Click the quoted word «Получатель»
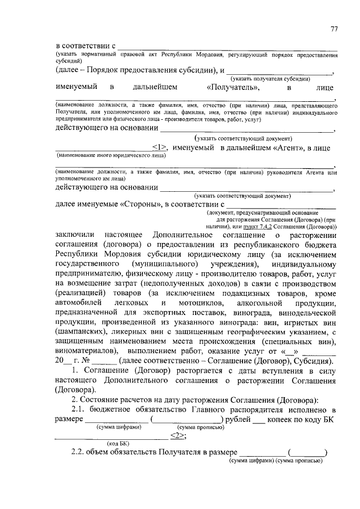(x=233, y=88)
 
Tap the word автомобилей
(x=79, y=303)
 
